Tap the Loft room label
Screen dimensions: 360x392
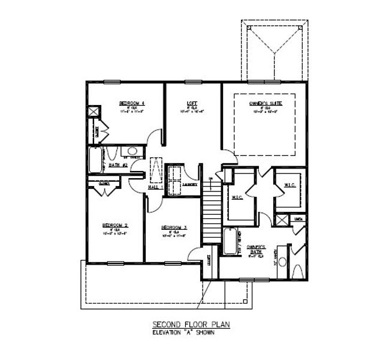point(192,103)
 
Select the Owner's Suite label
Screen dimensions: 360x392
point(266,104)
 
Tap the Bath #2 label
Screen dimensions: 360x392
point(117,164)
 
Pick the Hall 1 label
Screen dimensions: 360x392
point(156,187)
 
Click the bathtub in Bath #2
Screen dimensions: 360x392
point(98,160)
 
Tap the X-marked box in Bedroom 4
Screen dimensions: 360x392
point(94,112)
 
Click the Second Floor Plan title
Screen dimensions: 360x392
point(188,325)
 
